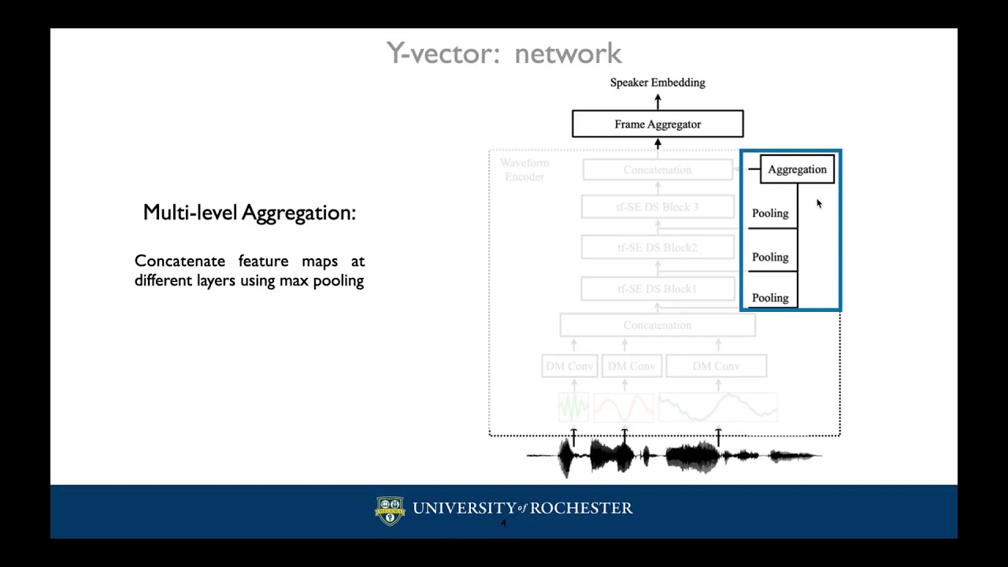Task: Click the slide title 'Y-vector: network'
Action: pyautogui.click(x=504, y=54)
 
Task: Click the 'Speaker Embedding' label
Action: pyautogui.click(x=658, y=83)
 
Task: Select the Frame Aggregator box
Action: pyautogui.click(x=658, y=124)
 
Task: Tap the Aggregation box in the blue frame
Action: pyautogui.click(x=797, y=169)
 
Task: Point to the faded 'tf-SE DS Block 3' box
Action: pyautogui.click(x=658, y=207)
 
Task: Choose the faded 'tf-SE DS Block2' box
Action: pyautogui.click(x=658, y=247)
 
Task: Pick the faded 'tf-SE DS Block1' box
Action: pyautogui.click(x=658, y=289)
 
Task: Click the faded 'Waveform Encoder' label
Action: pyautogui.click(x=524, y=170)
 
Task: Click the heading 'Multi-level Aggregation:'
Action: pyautogui.click(x=250, y=213)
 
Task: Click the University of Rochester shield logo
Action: pyautogui.click(x=390, y=510)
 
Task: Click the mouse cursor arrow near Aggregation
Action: pyautogui.click(x=819, y=204)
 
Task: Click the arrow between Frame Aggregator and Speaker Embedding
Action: pyautogui.click(x=658, y=102)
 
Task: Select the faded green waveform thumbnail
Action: pyautogui.click(x=573, y=407)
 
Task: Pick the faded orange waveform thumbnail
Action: pyautogui.click(x=624, y=407)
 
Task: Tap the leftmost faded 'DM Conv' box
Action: pyautogui.click(x=570, y=366)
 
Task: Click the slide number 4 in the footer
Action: pyautogui.click(x=504, y=524)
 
